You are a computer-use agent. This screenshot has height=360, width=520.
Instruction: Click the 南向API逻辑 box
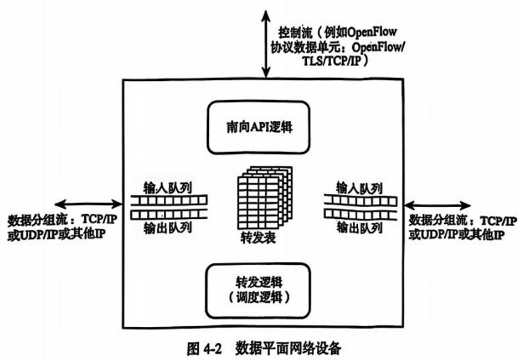click(259, 128)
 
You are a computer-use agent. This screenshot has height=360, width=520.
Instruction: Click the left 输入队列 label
click(168, 187)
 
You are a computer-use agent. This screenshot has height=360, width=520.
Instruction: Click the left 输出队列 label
click(168, 227)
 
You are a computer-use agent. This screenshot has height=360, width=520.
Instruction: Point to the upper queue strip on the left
click(169, 200)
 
